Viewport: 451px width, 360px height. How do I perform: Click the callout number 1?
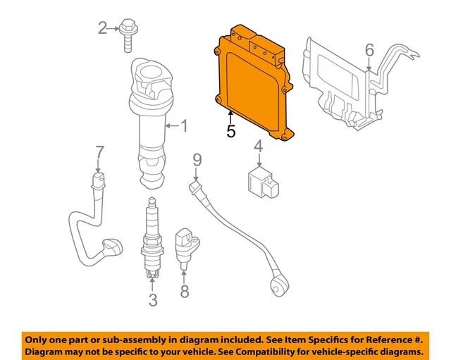pos(184,126)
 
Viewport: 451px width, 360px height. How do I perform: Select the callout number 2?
pos(103,28)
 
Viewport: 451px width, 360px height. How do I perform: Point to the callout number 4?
pos(259,146)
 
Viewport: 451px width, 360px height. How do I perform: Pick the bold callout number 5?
pos(230,131)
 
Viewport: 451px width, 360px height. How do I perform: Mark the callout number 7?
pos(99,151)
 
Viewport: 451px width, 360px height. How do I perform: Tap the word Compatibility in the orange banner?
pos(276,350)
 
